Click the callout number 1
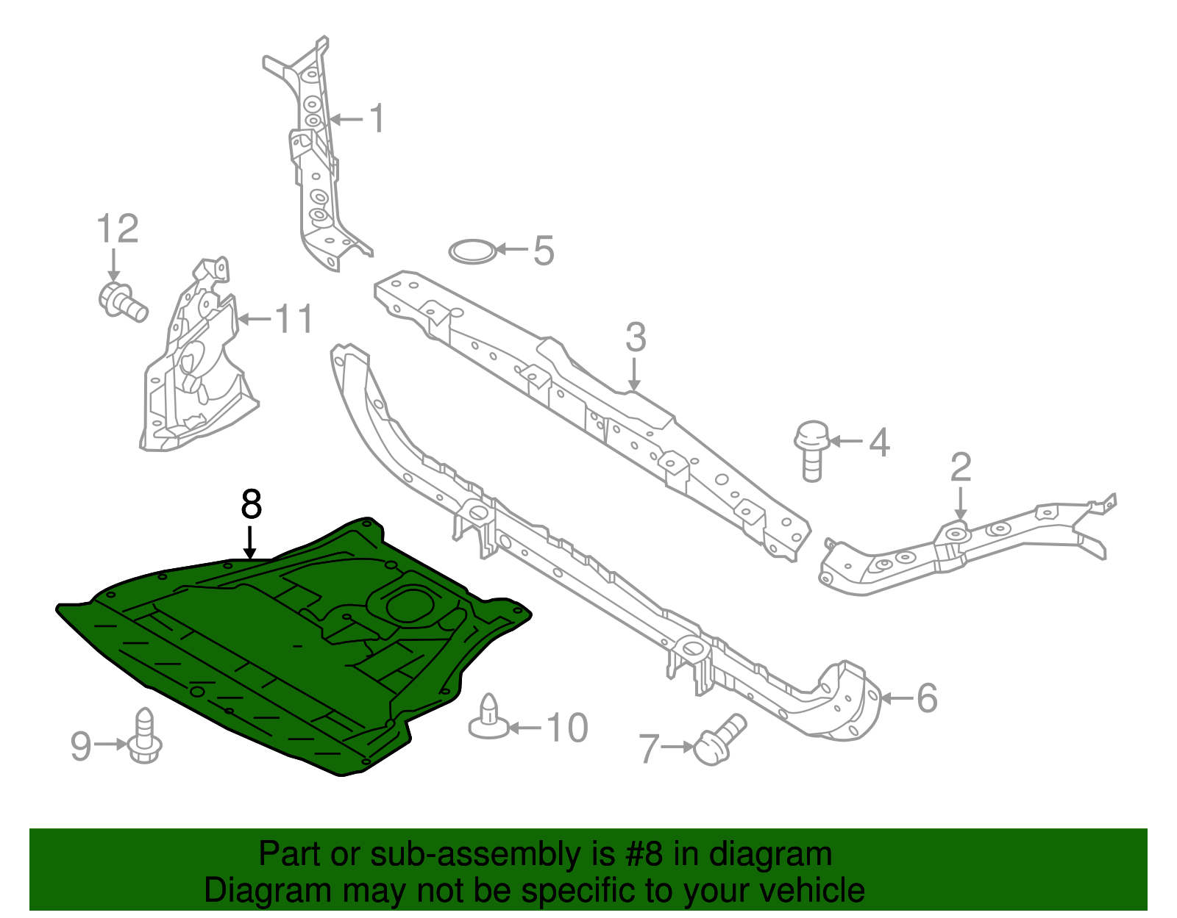click(377, 118)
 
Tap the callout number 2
click(961, 467)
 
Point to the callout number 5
click(543, 251)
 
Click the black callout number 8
click(251, 505)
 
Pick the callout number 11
click(294, 319)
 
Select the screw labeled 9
click(145, 736)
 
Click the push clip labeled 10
click(488, 717)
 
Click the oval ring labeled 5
click(472, 251)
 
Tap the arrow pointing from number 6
click(897, 698)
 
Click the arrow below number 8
click(251, 542)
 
